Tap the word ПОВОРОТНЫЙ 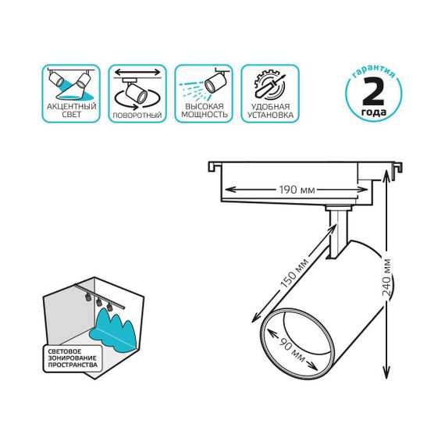pos(137,115)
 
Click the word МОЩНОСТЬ pos(204,115)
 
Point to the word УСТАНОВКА pos(270,115)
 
